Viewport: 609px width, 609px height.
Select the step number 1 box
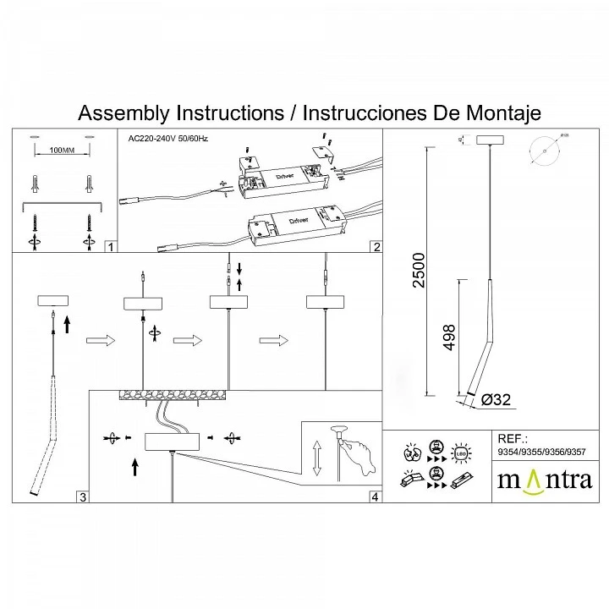(x=110, y=247)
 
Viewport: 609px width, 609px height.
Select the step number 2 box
(x=376, y=247)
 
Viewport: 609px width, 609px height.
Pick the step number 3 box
(x=82, y=497)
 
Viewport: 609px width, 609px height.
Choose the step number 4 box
(x=375, y=497)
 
